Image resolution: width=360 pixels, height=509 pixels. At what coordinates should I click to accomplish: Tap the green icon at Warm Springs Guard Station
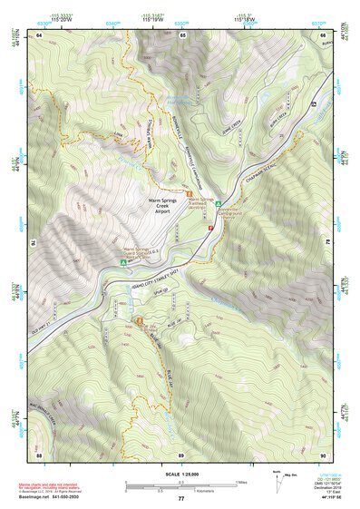pyautogui.click(x=123, y=262)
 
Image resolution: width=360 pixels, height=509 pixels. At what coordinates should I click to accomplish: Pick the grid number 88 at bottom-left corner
pyautogui.click(x=40, y=455)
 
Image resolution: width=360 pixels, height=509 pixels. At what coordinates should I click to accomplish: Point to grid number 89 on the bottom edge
pyautogui.click(x=181, y=455)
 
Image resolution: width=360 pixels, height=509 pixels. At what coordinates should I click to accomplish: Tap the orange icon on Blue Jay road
pyautogui.click(x=139, y=321)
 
